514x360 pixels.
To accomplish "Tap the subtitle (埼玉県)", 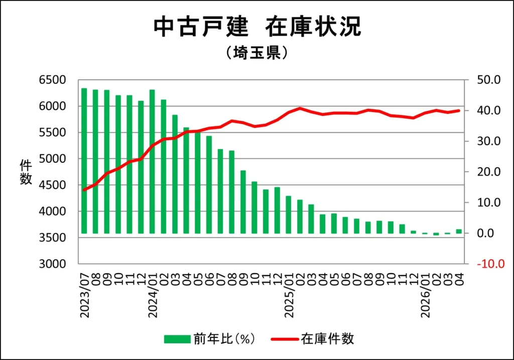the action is (257, 52).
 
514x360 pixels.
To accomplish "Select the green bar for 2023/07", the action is (84, 161).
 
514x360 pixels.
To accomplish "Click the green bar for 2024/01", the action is (152, 161).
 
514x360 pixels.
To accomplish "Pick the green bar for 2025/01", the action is (289, 214).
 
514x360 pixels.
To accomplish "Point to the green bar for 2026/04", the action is (459, 231).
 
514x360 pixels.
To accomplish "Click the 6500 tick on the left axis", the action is (52, 80).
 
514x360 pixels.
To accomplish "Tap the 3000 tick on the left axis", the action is (52, 264).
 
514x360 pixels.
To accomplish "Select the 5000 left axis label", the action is (52, 159).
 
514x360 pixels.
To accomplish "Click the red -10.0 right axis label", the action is (490, 264).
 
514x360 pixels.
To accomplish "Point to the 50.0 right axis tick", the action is (488, 80).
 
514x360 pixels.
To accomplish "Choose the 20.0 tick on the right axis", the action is (488, 172).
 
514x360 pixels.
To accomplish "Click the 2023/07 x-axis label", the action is (84, 295).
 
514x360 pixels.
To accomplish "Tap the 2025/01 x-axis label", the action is (289, 295).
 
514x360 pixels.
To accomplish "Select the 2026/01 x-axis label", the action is (426, 295).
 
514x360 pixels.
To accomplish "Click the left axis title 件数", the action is (26, 172).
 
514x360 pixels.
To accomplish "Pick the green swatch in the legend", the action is (177, 339).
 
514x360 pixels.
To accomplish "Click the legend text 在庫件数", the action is (327, 339).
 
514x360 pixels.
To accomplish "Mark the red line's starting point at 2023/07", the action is (84, 190).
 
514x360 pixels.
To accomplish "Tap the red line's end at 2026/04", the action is (459, 110).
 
